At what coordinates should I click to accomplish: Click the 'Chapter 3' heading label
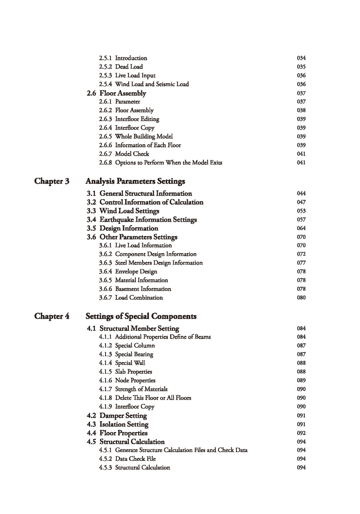tap(52, 181)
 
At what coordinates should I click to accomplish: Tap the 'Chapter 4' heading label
tap(52, 316)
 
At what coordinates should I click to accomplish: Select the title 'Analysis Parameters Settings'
tap(135, 181)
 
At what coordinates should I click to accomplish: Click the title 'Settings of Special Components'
tap(141, 316)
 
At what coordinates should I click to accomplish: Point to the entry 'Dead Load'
tap(129, 67)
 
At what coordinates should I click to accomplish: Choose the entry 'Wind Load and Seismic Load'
tap(152, 84)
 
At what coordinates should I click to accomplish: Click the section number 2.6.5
tap(105, 136)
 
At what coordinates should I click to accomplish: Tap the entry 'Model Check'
tap(132, 154)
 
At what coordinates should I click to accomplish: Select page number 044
tap(301, 193)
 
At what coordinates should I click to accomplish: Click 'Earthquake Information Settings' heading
tap(148, 220)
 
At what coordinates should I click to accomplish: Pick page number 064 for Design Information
tap(301, 228)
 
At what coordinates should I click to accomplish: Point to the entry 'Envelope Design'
tap(136, 271)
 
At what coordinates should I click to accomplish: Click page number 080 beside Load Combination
tap(301, 297)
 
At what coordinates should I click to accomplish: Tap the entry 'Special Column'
tap(135, 345)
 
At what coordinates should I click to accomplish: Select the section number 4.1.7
tap(105, 389)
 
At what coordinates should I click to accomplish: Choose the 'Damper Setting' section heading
tap(123, 415)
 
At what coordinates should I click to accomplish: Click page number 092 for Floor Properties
tap(301, 433)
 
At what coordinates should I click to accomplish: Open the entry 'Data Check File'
tap(135, 459)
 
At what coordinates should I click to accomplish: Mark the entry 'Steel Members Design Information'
tap(159, 263)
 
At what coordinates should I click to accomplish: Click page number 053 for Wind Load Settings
tap(301, 211)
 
